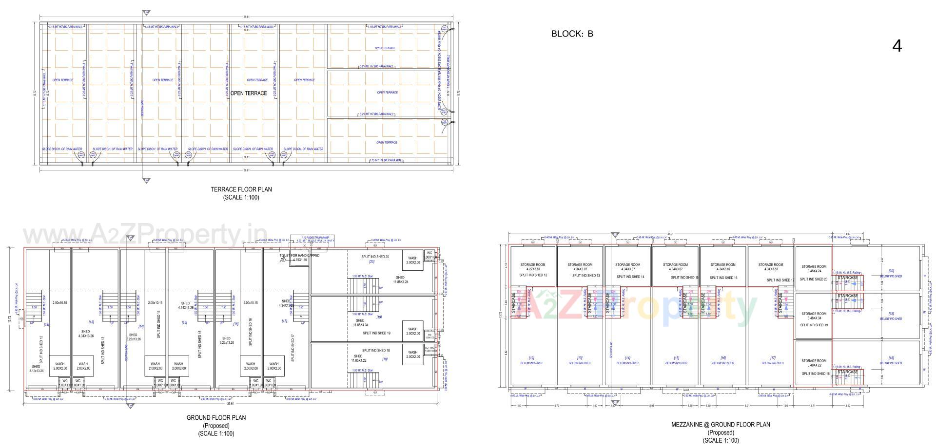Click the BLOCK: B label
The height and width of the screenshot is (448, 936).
point(572,34)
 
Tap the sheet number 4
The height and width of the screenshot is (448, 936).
point(897,46)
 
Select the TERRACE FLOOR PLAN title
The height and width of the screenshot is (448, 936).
point(241,189)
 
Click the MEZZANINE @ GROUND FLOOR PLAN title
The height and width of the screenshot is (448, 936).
point(721,425)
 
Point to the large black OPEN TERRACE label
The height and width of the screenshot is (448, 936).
point(249,93)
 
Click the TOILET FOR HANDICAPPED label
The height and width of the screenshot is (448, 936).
point(299,256)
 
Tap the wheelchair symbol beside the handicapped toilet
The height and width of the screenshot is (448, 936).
point(283,260)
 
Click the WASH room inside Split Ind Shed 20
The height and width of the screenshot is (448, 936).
point(413,261)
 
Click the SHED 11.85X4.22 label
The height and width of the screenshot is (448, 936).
point(359,358)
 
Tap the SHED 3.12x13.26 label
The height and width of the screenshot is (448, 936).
point(36,369)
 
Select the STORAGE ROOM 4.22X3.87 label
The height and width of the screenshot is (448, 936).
point(532,267)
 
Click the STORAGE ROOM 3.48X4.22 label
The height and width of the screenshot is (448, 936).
point(814,363)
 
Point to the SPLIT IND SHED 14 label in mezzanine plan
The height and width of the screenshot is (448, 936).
point(630,277)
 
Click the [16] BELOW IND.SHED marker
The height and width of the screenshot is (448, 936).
point(723,360)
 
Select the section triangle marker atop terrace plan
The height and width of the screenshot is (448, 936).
point(146,13)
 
